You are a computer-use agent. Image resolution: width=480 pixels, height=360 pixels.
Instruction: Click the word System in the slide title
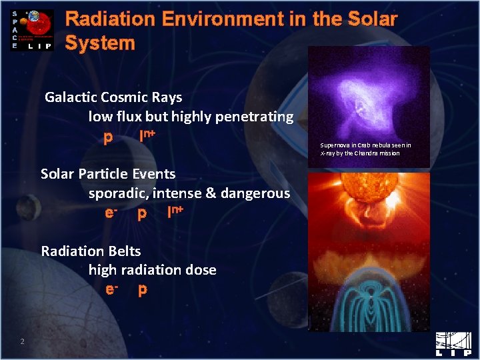[100, 43]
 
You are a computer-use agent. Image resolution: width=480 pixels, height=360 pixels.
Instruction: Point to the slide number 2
[22, 342]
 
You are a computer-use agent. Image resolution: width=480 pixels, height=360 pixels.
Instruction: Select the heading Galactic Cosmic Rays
[113, 97]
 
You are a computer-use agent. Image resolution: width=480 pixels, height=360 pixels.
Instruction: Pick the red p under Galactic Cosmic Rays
[108, 137]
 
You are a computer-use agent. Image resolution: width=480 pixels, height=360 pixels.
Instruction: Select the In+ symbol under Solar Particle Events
[175, 213]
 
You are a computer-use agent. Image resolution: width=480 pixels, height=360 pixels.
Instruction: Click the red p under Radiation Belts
[143, 290]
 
